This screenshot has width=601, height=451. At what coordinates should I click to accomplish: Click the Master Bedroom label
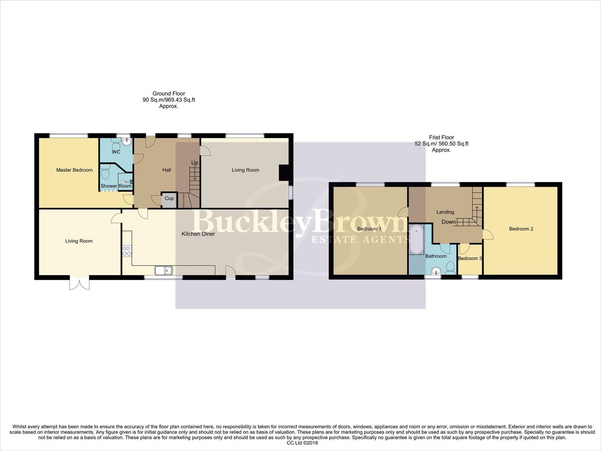tap(74, 170)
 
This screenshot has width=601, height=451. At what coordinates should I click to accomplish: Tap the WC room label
tap(116, 152)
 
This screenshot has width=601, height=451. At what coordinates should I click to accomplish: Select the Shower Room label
tap(116, 186)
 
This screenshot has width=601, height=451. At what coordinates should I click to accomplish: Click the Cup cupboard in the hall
tap(169, 199)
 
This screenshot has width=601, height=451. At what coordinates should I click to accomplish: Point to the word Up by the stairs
tap(194, 163)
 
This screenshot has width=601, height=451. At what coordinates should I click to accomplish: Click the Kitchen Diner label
tap(198, 234)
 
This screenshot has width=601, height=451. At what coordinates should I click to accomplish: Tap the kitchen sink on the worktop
tap(164, 271)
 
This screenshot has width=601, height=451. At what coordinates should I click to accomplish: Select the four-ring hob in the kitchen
tap(127, 251)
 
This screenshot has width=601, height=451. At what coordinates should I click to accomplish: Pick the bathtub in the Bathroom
tap(416, 240)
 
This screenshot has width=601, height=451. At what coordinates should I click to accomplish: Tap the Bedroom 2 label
tap(521, 229)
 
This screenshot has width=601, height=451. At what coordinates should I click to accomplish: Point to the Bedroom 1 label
tap(369, 229)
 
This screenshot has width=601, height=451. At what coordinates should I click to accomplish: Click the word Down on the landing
tap(448, 222)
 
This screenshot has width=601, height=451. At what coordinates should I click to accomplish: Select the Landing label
tap(445, 212)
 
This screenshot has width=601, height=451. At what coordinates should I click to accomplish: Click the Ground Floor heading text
tap(169, 94)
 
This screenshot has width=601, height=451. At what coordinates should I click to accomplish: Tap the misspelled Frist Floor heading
tap(441, 137)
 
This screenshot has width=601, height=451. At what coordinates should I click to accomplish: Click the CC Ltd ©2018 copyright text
tap(302, 443)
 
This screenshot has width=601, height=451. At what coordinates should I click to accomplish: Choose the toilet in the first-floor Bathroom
tap(450, 268)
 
